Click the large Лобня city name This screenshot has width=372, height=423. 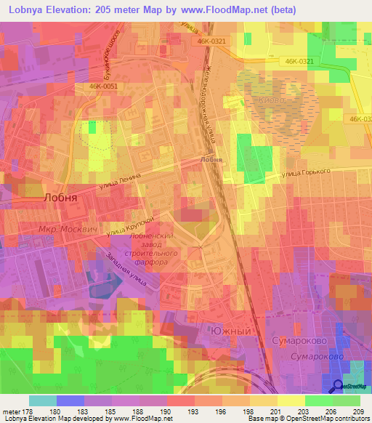point(62,196)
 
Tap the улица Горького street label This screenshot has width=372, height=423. point(306,172)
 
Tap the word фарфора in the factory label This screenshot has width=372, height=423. point(151,262)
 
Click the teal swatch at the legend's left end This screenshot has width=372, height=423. point(42,400)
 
